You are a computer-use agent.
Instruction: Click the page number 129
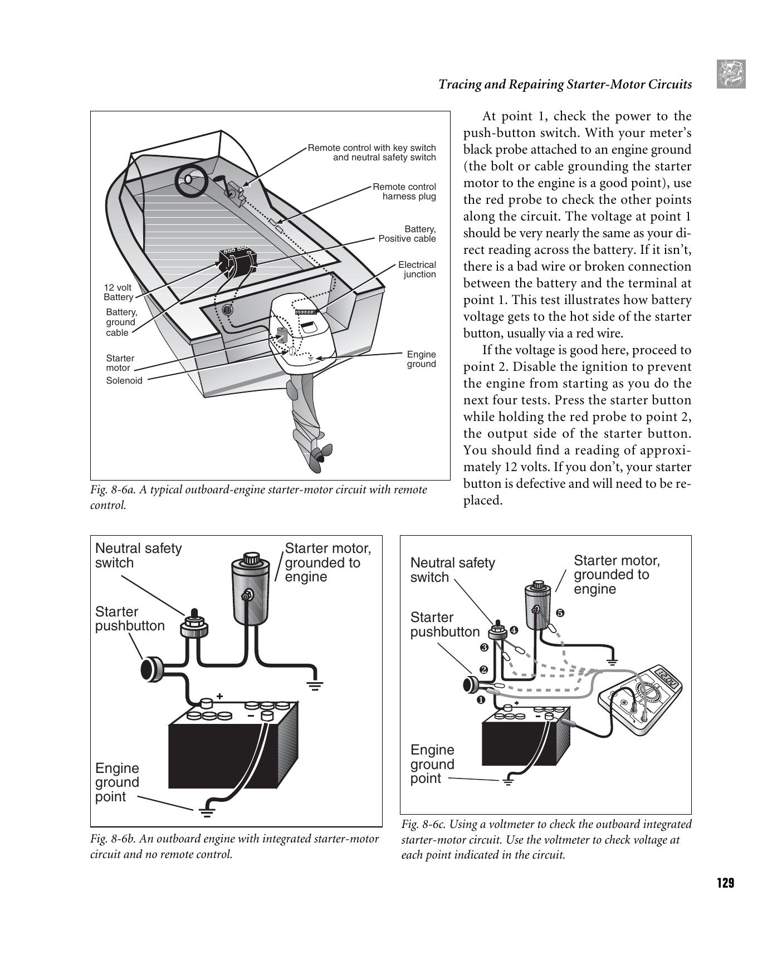tap(725, 883)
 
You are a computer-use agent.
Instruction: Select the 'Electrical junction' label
tap(417, 270)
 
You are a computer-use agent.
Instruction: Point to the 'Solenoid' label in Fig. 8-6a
tap(124, 381)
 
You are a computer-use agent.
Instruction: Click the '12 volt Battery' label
tap(118, 292)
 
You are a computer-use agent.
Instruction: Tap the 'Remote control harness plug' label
tap(404, 192)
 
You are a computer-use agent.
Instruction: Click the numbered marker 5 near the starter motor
tap(560, 613)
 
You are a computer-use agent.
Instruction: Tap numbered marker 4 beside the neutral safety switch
tap(514, 630)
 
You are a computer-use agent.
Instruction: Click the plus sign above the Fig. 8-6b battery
tap(220, 696)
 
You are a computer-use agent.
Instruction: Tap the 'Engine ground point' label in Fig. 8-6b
tap(117, 782)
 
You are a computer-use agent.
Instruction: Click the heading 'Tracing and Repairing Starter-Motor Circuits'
tap(565, 84)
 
